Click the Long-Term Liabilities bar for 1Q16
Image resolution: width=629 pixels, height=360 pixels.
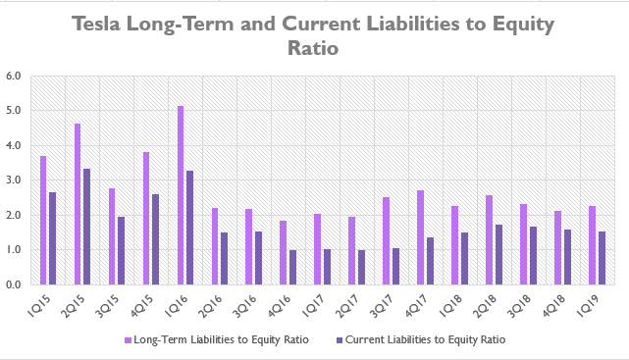pyautogui.click(x=181, y=195)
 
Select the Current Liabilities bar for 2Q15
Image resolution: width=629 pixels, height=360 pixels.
pyautogui.click(x=86, y=227)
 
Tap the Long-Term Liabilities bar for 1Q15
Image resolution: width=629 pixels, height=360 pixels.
pyautogui.click(x=43, y=221)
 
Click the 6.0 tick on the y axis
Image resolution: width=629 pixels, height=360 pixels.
pyautogui.click(x=15, y=76)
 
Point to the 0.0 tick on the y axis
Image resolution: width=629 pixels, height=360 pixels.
pyautogui.click(x=15, y=285)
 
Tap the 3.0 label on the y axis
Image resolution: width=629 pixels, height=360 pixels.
pyautogui.click(x=15, y=180)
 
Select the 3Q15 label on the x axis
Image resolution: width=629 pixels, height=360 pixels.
pyautogui.click(x=114, y=303)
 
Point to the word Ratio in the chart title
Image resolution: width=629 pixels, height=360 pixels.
pyautogui.click(x=314, y=47)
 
